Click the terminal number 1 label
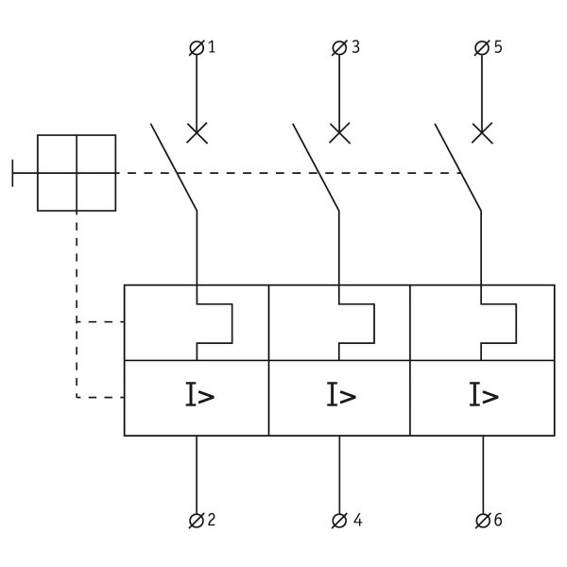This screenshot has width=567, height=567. click(212, 46)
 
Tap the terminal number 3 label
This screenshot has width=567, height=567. click(355, 46)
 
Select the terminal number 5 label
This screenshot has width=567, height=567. click(498, 46)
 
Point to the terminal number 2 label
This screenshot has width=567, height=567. click(212, 520)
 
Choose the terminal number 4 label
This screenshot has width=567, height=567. click(356, 520)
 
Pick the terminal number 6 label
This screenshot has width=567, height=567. click(498, 520)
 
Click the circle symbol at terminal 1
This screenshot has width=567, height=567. click(197, 47)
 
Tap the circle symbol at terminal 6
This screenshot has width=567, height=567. click(483, 520)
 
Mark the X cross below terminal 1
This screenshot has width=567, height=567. click(197, 132)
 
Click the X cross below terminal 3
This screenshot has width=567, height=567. click(339, 132)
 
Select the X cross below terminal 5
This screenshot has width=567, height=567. click(482, 132)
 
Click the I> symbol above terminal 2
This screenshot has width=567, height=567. click(198, 396)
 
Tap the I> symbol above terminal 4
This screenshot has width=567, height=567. click(341, 396)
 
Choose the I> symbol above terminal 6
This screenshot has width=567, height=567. click(484, 396)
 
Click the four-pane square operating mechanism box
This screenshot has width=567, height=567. click(77, 173)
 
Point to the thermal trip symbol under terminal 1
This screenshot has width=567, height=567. click(215, 323)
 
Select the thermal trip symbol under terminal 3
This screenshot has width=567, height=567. click(358, 323)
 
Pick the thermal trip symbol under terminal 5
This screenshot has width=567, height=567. click(500, 323)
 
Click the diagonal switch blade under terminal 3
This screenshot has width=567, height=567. click(316, 166)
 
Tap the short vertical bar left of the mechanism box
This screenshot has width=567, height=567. click(13, 173)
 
